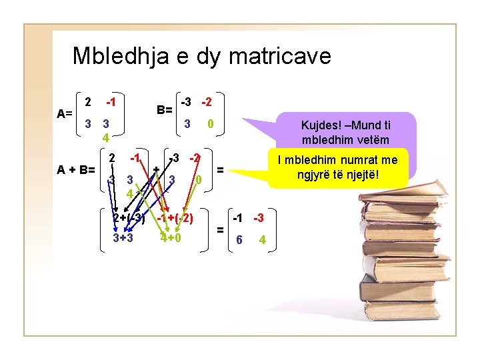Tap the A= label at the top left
click(65, 113)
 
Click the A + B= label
click(75, 169)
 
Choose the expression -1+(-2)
click(175, 218)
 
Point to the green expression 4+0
click(171, 238)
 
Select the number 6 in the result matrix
click(239, 240)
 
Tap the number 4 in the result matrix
click(262, 240)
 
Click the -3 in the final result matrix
click(258, 219)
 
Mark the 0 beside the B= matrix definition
click(210, 124)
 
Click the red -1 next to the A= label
click(111, 102)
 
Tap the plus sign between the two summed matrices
click(156, 169)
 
